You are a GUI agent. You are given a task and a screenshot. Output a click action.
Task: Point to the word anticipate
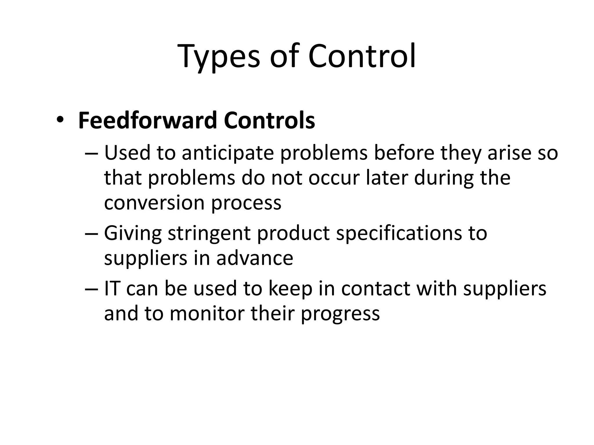(x=228, y=153)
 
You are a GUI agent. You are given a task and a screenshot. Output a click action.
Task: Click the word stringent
(x=209, y=234)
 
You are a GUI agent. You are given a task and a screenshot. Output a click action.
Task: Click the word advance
(x=255, y=258)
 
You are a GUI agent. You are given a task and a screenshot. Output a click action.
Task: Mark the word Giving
(x=133, y=234)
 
